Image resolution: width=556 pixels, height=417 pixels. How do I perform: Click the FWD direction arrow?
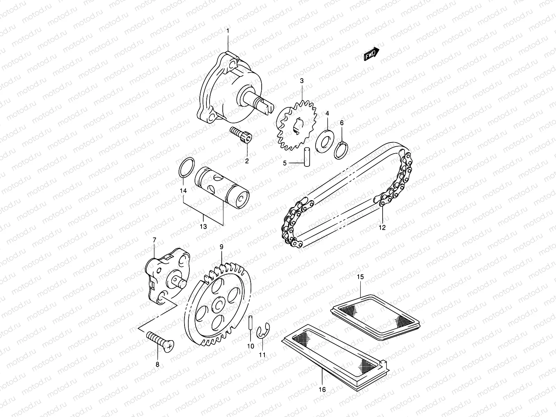(x=371, y=55)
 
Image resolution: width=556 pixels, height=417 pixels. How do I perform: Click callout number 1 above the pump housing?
(x=228, y=31)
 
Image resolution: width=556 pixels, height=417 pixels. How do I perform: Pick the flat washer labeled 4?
(x=327, y=140)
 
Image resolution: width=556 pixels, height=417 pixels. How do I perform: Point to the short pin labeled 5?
(x=307, y=157)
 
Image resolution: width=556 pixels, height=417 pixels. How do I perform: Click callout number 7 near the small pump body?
(x=155, y=240)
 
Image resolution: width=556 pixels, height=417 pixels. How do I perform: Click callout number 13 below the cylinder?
(x=203, y=227)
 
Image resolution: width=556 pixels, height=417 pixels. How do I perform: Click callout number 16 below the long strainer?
(x=322, y=390)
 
